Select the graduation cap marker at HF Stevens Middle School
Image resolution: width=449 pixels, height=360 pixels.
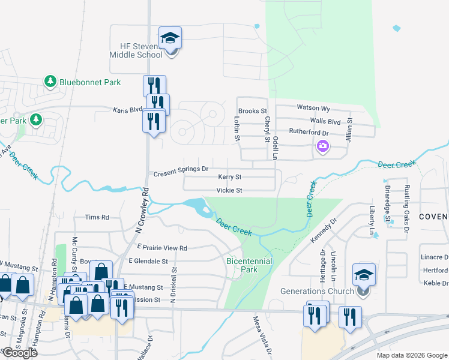[x=170, y=38]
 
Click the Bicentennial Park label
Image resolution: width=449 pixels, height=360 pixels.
[x=249, y=265]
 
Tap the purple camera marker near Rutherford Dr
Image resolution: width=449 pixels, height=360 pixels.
[x=322, y=146]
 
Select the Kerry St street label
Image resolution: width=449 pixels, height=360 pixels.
[x=229, y=177]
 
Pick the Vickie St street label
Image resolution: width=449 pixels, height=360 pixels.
[x=229, y=190]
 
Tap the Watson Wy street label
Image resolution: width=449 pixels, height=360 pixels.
[x=313, y=108]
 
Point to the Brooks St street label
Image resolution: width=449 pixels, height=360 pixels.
[x=252, y=111]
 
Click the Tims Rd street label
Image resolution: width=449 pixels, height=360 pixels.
[x=97, y=217]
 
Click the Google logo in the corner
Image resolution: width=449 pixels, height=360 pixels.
[x=19, y=353]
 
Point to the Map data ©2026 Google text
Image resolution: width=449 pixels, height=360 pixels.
[x=412, y=355]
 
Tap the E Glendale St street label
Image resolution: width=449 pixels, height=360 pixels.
[x=148, y=262]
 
